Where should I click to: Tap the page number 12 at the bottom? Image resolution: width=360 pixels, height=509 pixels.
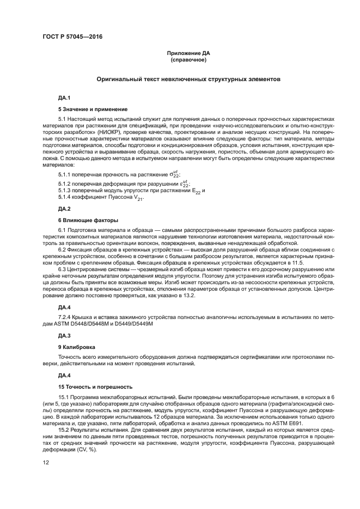46,462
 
